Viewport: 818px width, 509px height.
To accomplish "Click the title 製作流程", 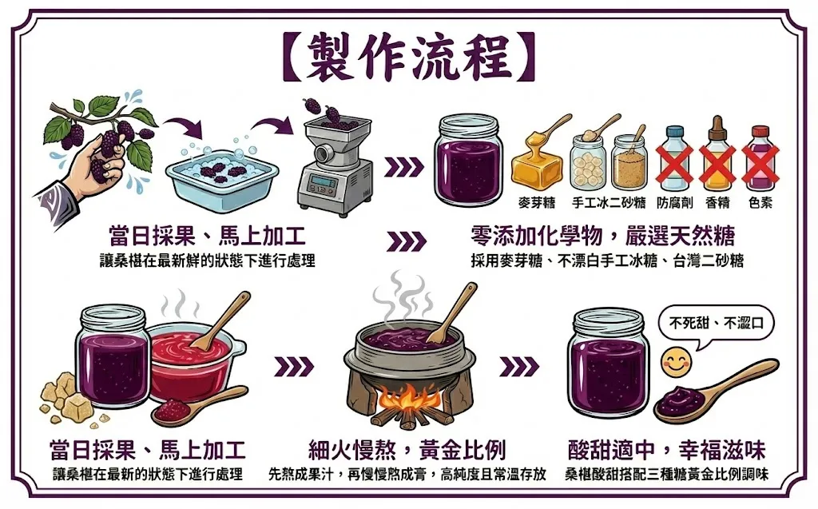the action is point(409,58).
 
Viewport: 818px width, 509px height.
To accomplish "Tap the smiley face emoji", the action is point(676,362).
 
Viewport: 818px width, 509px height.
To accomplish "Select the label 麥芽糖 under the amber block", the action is point(537,202).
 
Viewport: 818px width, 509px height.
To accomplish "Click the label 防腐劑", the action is point(675,202).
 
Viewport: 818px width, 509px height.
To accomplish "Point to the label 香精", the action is point(718,202).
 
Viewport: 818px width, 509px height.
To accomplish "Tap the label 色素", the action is point(760,202).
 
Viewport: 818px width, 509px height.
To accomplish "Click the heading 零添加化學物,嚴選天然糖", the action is point(603,236).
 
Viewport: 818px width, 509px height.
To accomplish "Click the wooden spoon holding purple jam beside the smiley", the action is point(715,389).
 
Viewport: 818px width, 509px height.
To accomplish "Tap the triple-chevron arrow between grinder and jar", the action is point(404,167).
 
